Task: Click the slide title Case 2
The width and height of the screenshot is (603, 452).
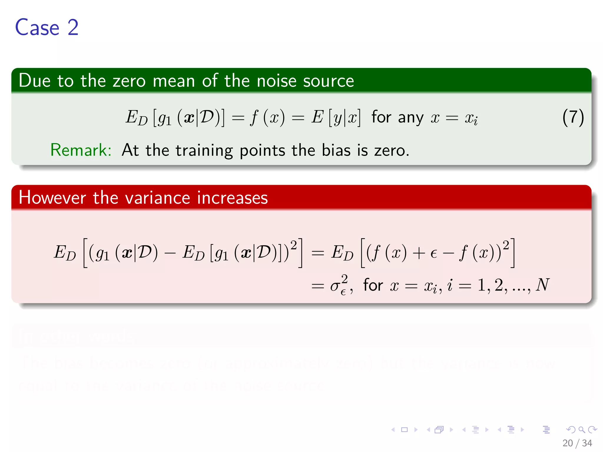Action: pos(47,28)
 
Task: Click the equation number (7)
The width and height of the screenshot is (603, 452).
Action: pos(573,117)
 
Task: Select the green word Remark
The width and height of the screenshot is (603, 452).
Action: pos(81,150)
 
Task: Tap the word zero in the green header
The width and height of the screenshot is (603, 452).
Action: pos(129,81)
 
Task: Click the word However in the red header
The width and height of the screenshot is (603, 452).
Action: pos(52,197)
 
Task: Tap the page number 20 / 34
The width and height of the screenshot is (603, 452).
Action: pos(577,443)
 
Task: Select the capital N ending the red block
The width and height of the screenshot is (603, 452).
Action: pos(542,285)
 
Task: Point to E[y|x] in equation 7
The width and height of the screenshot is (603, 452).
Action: pos(336,117)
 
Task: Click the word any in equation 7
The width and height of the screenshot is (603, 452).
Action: pos(411,118)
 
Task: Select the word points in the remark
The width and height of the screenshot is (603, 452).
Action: pos(262,151)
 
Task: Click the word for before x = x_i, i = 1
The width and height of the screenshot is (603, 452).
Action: pos(373,285)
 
